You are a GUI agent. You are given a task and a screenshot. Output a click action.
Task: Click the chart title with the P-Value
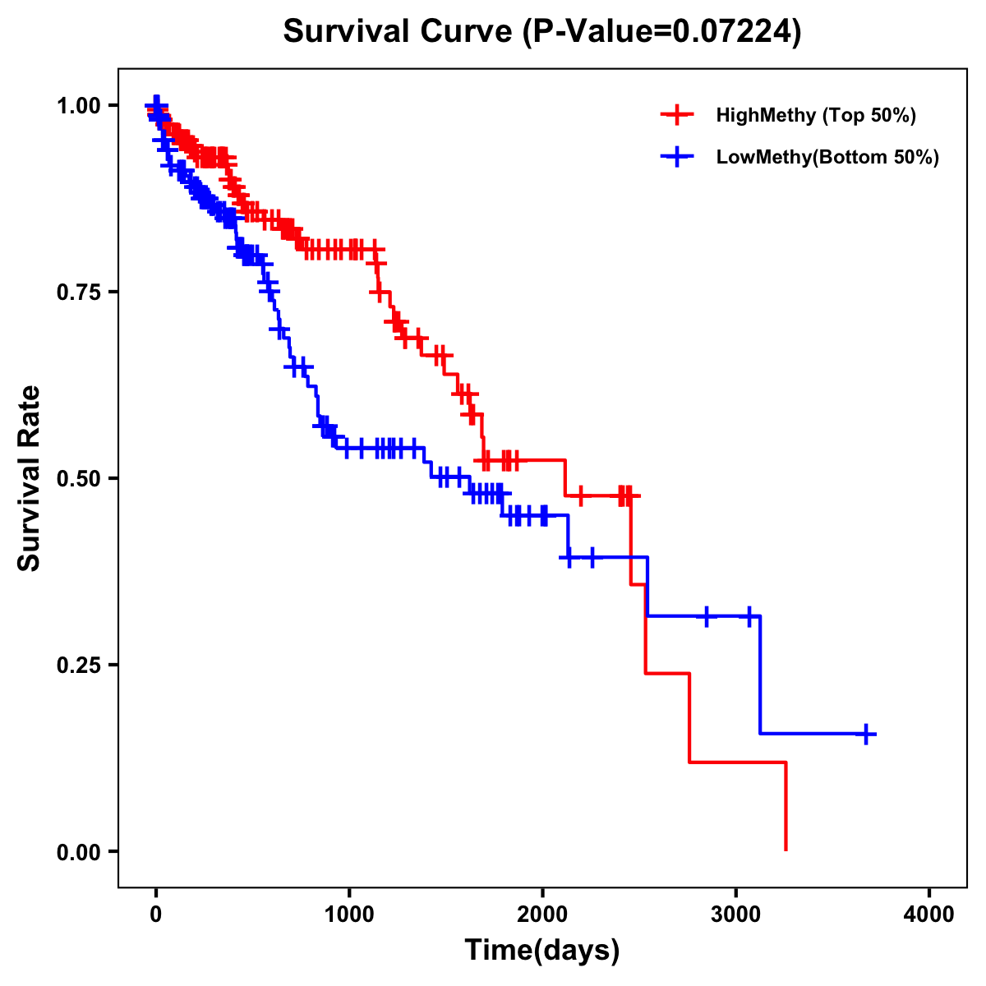(541, 31)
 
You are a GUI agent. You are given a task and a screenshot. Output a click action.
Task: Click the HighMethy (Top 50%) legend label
(815, 115)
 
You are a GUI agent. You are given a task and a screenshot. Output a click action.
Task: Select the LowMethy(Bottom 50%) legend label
(827, 157)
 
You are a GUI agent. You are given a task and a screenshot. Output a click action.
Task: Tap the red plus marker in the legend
(677, 115)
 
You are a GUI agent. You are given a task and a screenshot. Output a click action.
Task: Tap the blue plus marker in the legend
(677, 157)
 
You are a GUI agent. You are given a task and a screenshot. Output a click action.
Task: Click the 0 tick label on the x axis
(156, 915)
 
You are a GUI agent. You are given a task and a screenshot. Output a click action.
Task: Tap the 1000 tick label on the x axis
(349, 915)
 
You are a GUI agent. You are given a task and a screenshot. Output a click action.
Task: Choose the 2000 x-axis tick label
(542, 915)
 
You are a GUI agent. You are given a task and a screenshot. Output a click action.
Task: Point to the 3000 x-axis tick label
(736, 915)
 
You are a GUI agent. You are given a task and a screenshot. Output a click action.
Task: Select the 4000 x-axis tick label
(929, 915)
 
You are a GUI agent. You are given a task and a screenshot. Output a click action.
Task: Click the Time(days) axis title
(542, 951)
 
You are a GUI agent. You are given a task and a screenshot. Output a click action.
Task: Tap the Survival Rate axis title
(30, 478)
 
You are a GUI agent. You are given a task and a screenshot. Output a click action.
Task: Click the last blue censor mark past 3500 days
(866, 734)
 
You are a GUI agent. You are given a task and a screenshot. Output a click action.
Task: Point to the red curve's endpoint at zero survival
(786, 850)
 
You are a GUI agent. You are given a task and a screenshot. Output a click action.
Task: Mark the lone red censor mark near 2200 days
(581, 496)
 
